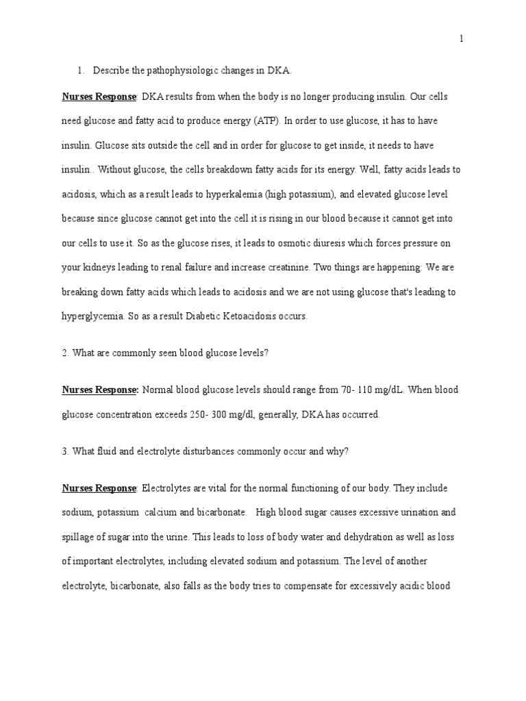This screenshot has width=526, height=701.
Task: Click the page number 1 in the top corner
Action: (462, 39)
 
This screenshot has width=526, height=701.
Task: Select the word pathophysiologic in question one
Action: (174, 71)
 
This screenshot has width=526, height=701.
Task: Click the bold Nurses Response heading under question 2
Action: (100, 390)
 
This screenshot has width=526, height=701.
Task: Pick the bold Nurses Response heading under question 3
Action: (99, 488)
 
